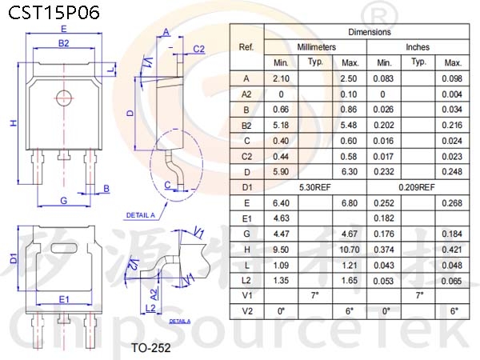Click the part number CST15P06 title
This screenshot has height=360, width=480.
click(x=54, y=13)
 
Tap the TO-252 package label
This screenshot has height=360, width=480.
click(x=151, y=348)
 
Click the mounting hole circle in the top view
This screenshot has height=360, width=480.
click(x=64, y=98)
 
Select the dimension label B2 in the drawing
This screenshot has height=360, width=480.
click(x=64, y=43)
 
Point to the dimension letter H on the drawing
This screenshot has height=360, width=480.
click(x=14, y=123)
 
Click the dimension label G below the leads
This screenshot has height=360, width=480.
click(x=64, y=201)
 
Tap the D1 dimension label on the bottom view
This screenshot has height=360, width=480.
click(x=14, y=258)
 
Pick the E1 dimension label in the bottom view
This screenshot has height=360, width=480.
click(x=64, y=299)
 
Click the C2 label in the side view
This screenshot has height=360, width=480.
click(x=198, y=49)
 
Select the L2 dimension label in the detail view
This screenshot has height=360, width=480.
click(x=150, y=308)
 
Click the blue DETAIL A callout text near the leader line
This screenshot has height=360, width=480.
click(x=141, y=215)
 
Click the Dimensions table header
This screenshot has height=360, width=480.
click(x=370, y=32)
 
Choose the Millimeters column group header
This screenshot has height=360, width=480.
click(x=316, y=47)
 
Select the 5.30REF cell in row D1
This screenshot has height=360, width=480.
click(x=315, y=187)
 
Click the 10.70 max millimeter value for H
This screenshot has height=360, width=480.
click(x=350, y=250)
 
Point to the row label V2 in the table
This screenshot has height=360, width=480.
click(x=247, y=311)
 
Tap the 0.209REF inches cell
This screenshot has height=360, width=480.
click(x=417, y=187)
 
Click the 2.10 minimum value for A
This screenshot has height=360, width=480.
click(x=281, y=78)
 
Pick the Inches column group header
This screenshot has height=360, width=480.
click(x=418, y=47)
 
